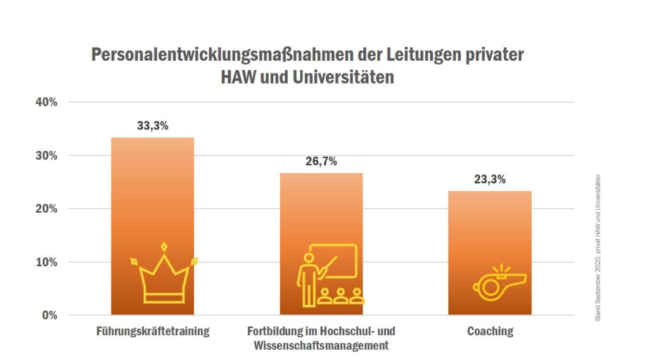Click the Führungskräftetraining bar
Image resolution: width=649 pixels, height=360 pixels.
152,190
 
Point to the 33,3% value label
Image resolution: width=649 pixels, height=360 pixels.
152,125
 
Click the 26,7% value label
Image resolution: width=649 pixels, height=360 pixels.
321,161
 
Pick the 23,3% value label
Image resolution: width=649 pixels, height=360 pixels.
489,179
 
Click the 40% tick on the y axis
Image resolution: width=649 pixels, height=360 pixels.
45,102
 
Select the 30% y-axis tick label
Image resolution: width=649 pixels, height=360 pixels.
45,155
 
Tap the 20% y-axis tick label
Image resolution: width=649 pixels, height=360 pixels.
45,209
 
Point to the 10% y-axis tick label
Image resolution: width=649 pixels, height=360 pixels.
45,262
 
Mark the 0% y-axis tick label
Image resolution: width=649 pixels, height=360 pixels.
48,315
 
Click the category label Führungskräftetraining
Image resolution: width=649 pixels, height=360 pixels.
152,331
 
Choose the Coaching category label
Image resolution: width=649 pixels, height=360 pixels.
489,331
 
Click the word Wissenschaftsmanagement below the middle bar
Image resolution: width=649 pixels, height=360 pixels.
321,346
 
